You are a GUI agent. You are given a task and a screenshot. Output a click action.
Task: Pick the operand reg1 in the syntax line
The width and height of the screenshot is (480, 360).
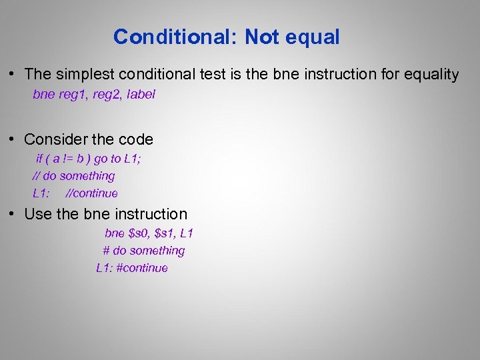pyautogui.click(x=74, y=95)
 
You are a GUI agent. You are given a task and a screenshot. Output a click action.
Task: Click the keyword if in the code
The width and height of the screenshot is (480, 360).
pyautogui.click(x=39, y=159)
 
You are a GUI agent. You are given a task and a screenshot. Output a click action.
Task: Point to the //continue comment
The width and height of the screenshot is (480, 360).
pyautogui.click(x=92, y=193)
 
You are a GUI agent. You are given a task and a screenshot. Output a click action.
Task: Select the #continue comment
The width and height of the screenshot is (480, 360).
pyautogui.click(x=142, y=268)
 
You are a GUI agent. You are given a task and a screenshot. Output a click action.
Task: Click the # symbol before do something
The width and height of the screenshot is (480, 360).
pyautogui.click(x=106, y=251)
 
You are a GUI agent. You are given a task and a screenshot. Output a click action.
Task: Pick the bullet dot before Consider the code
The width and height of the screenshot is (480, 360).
pyautogui.click(x=12, y=139)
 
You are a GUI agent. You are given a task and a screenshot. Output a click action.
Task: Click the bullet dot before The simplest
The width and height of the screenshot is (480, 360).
pyautogui.click(x=12, y=75)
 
